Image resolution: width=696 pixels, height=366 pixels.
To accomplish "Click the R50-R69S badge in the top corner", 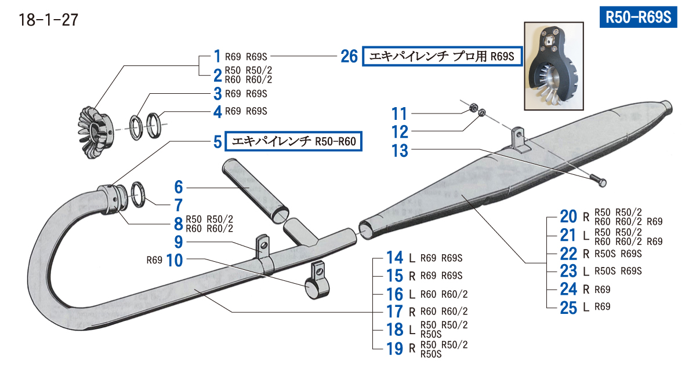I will click(637, 17).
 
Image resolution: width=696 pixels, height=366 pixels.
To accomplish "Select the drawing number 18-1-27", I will click(49, 20).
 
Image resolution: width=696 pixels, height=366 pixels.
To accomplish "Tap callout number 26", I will click(349, 57).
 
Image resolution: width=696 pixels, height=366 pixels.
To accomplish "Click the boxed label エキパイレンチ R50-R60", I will click(294, 141).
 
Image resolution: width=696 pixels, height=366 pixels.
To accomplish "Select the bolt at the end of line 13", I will click(600, 182).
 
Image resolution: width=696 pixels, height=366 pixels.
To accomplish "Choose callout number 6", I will click(179, 187).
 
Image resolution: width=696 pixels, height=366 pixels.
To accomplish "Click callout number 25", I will click(568, 307).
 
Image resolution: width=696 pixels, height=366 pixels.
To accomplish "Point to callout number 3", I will click(217, 93).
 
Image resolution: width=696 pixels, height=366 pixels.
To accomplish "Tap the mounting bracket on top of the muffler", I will click(519, 141).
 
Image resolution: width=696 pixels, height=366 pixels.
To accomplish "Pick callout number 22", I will click(568, 253).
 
